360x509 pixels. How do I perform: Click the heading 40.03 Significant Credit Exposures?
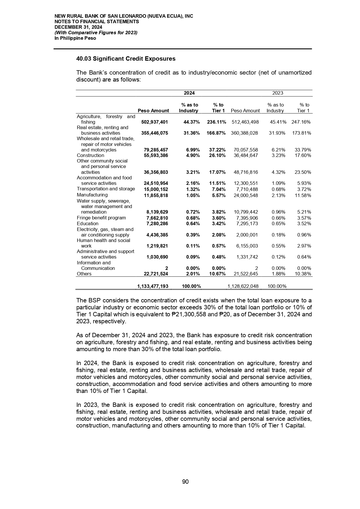point(126,59)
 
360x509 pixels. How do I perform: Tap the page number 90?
point(185,482)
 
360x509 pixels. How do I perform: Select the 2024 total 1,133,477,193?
point(152,286)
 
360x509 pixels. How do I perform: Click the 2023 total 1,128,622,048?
point(243,286)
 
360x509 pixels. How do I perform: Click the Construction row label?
point(90,156)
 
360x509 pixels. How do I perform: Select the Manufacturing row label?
point(92,195)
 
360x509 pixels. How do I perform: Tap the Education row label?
point(88,223)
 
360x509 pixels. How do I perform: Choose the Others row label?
point(84,274)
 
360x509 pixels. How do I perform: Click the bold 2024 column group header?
point(189,93)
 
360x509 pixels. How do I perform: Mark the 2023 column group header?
point(278,93)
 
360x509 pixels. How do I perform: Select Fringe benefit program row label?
point(101,218)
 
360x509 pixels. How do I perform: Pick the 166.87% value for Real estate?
point(216,133)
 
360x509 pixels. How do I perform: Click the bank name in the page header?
point(124,16)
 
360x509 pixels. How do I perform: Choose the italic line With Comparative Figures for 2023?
point(96,33)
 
